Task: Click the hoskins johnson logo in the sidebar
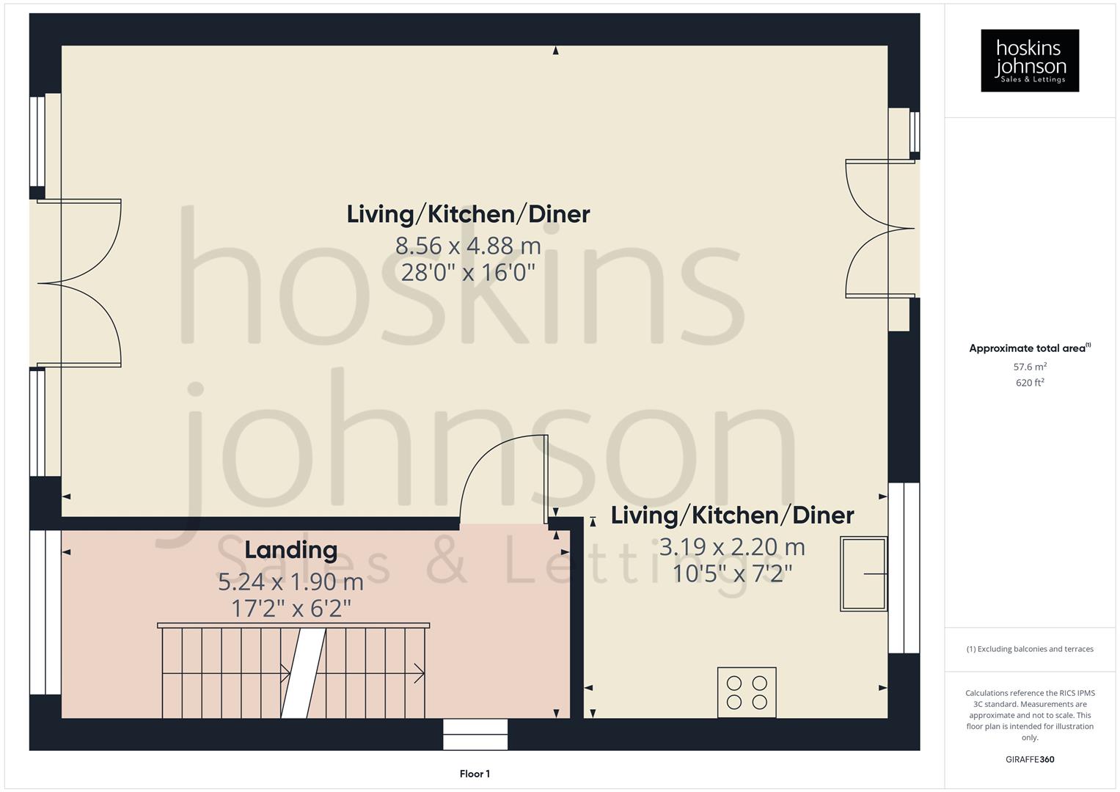point(1029,60)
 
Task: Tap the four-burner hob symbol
point(747,692)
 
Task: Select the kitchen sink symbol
point(863,573)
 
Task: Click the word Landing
point(290,549)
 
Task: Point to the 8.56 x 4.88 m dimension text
point(468,246)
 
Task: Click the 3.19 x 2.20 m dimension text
point(732,547)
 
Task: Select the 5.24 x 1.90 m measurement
point(290,582)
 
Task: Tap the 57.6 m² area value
point(1029,367)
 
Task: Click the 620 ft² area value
point(1029,383)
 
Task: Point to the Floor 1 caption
point(475,774)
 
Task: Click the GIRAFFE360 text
point(1029,759)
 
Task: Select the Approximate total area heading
point(1029,348)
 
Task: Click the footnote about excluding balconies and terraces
point(1029,649)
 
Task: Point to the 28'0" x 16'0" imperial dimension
point(468,273)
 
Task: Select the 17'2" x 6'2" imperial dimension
point(290,608)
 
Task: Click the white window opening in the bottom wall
point(475,734)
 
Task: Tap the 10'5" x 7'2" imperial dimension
point(732,573)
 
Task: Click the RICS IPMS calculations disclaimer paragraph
point(1029,715)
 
